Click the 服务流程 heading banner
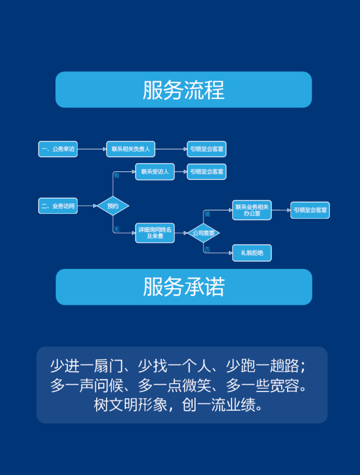click(184, 90)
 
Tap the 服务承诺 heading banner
click(184, 287)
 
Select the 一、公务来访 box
click(58, 149)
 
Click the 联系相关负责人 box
click(130, 149)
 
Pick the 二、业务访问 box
click(58, 206)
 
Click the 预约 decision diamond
click(113, 206)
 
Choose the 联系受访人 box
click(155, 172)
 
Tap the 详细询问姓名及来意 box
click(155, 233)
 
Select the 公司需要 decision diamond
click(203, 233)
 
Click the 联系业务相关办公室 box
click(252, 210)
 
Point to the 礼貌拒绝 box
click(252, 253)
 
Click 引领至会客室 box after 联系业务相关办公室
click(310, 210)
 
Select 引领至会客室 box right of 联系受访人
click(207, 172)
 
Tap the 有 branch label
click(116, 176)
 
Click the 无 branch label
click(116, 229)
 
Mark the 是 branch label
click(207, 214)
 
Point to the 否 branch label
click(207, 249)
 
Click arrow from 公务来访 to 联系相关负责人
click(92, 149)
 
